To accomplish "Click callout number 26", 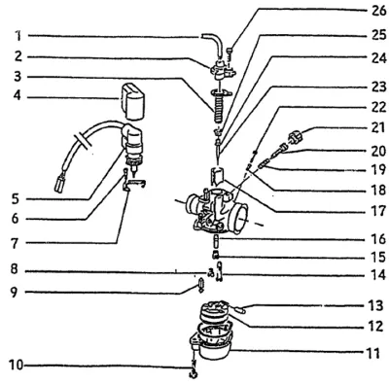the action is (x=378, y=11).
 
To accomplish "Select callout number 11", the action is (x=373, y=353).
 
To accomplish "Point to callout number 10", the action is (x=17, y=366).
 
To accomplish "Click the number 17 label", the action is (x=378, y=211).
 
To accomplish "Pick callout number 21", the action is (x=378, y=127).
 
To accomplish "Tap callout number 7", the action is (x=16, y=243).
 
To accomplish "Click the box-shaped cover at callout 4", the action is (x=132, y=101).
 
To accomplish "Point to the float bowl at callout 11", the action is (x=216, y=350).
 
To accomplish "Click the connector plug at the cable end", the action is (x=60, y=185).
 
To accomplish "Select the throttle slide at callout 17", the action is (x=217, y=176).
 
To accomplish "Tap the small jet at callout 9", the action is (x=200, y=285).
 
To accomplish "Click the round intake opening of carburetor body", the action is (x=240, y=217).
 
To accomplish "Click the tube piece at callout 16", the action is (x=216, y=242).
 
